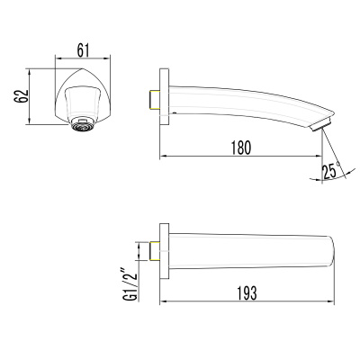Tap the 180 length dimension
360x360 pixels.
(x=240, y=147)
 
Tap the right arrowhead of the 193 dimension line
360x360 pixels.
(x=332, y=301)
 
